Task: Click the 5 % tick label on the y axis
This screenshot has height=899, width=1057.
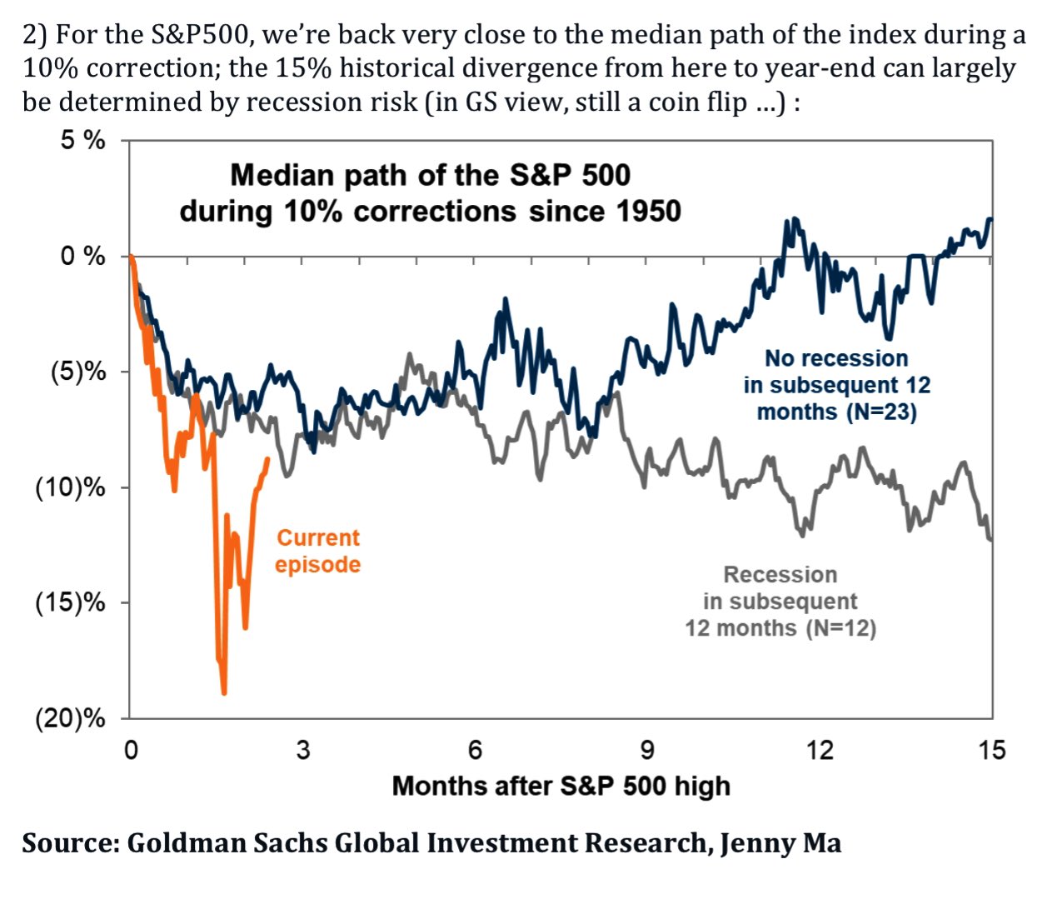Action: coord(82,140)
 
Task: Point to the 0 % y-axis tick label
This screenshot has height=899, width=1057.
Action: coord(82,256)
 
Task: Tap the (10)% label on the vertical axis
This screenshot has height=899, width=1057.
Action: coord(71,487)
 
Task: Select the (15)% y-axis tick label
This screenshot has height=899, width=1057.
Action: coord(71,602)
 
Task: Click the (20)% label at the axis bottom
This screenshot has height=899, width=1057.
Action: coord(71,718)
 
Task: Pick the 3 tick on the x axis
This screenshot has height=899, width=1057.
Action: coord(302,750)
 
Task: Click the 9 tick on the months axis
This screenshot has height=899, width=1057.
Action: coord(647,750)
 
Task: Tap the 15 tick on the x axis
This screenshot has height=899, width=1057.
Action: coord(991,750)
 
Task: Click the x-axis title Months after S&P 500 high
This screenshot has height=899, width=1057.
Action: coord(561,786)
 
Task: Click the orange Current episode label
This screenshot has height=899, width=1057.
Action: coord(317,551)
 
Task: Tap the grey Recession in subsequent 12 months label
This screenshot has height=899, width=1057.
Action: coord(780,601)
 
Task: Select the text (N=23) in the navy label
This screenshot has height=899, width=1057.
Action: coord(880,412)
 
